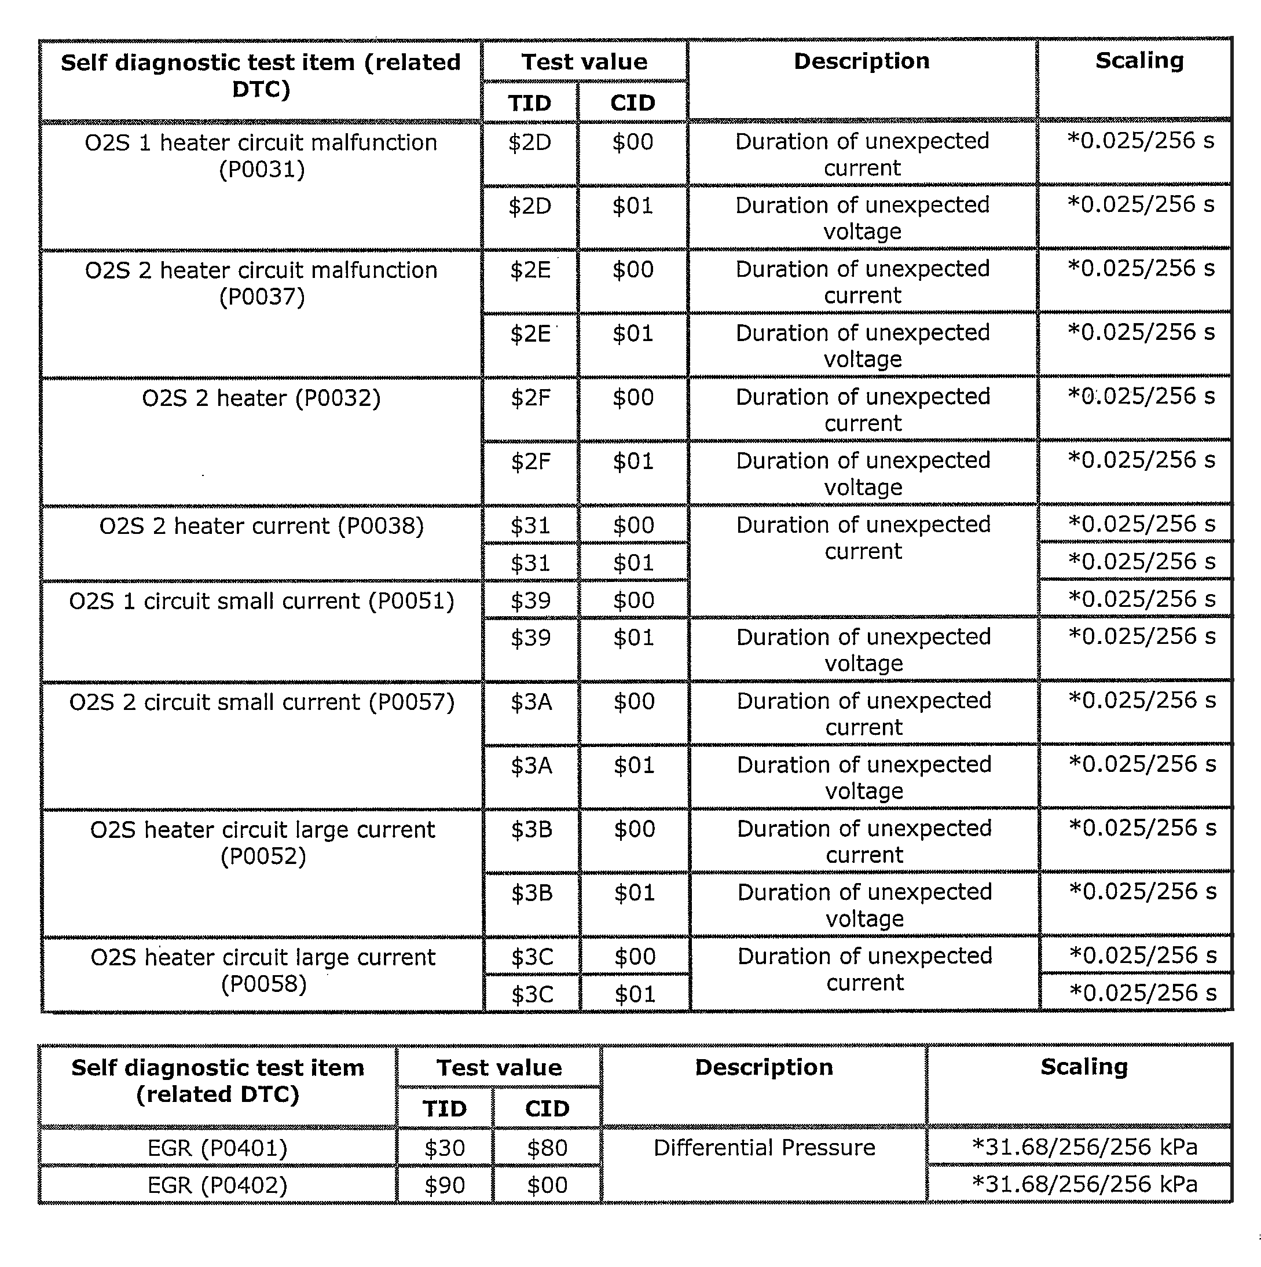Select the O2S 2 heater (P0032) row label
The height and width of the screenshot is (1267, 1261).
coord(261,398)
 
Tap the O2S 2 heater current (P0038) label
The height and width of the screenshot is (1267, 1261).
coord(261,526)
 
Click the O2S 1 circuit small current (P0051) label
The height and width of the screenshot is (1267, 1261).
coord(261,600)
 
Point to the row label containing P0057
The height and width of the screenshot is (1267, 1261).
coord(261,702)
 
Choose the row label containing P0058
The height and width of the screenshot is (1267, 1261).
coord(262,971)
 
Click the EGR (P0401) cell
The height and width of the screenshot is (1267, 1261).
coord(217,1148)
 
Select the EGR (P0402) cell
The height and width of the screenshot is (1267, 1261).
coord(217,1185)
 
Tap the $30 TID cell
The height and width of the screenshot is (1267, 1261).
coord(444,1148)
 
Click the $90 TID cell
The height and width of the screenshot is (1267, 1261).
coord(444,1185)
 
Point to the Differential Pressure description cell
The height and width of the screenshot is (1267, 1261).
coord(764,1148)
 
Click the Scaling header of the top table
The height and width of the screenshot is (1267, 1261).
coord(1139,60)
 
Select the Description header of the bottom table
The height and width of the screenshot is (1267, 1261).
coord(764,1067)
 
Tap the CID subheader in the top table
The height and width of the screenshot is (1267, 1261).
coord(632,103)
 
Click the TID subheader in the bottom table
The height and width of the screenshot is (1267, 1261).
coord(444,1108)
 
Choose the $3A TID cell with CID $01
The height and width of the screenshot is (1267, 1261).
coord(531,766)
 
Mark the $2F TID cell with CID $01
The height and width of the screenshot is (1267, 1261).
coord(530,462)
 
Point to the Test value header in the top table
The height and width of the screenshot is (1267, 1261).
coord(584,61)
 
